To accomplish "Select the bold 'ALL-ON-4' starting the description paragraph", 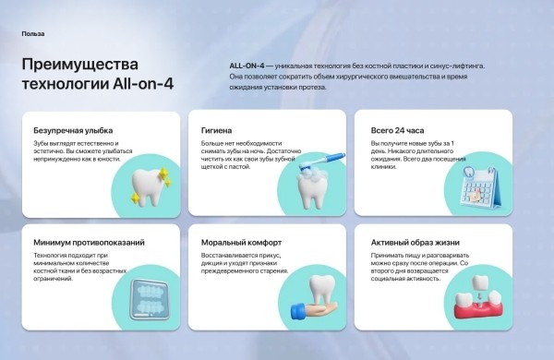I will [x=247, y=66].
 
